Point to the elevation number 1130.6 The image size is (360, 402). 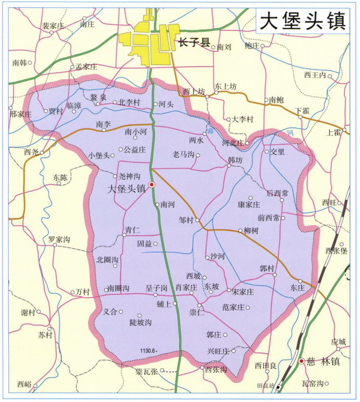click(x=148, y=350)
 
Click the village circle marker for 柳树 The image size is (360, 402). click(x=239, y=231)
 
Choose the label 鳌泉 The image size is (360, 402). click(x=97, y=96)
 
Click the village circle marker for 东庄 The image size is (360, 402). click(x=300, y=281)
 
